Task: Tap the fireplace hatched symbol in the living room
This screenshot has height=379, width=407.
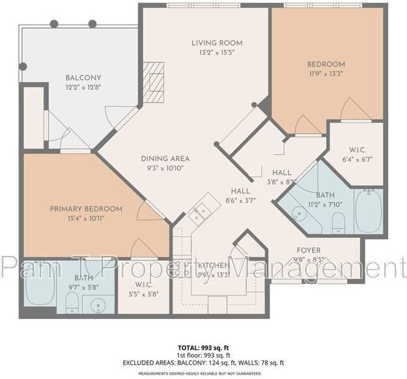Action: tap(154, 83)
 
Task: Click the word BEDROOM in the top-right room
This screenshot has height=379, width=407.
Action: tap(326, 64)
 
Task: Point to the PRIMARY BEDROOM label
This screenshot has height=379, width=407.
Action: tap(86, 208)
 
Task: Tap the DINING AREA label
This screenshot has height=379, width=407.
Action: tap(165, 158)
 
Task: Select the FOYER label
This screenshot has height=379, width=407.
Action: tap(308, 250)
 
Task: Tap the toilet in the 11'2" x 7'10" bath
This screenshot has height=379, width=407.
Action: tap(338, 223)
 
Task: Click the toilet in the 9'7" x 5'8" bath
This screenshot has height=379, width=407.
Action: tap(73, 302)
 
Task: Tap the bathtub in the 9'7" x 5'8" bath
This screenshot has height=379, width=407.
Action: tap(40, 292)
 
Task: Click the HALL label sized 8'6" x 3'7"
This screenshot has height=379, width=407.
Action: tap(240, 191)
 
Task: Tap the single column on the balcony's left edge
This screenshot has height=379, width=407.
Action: tap(23, 66)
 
